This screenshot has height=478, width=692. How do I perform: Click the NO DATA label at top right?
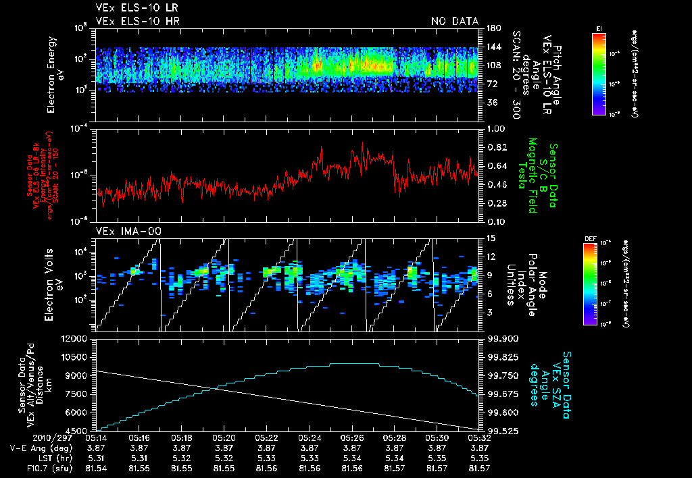454,22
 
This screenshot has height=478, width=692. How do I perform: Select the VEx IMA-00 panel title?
124,231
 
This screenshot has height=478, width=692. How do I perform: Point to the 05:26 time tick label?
351,437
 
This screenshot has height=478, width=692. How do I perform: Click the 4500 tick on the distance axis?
80,431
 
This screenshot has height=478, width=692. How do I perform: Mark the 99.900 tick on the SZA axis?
499,338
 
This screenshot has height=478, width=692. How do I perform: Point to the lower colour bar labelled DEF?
590,284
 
